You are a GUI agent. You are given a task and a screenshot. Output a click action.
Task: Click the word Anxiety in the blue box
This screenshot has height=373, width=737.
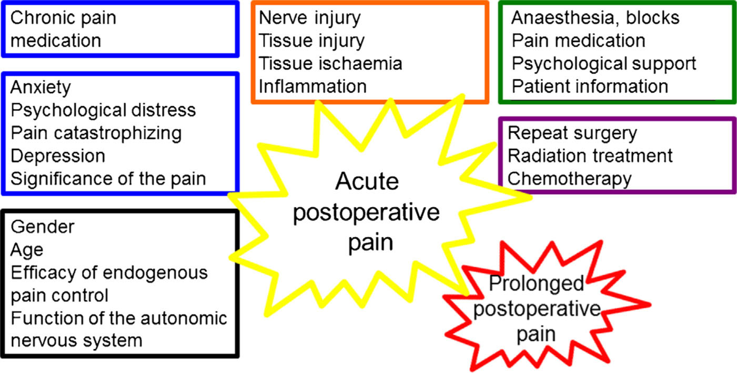click(x=41, y=87)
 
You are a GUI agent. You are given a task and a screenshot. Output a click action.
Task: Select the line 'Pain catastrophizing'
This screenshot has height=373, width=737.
click(x=96, y=133)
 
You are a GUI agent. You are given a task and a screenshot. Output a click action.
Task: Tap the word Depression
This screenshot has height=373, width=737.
click(x=57, y=156)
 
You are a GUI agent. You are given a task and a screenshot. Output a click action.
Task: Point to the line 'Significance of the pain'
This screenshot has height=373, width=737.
click(x=108, y=179)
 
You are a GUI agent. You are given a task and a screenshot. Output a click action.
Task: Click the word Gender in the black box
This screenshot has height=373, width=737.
click(x=43, y=227)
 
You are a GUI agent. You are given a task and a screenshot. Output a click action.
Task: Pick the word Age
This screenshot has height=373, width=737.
click(x=27, y=250)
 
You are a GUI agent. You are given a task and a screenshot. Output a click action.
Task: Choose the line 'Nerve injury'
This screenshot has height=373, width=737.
click(x=310, y=18)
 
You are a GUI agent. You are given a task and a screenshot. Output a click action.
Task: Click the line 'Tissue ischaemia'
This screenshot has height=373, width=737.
click(x=330, y=63)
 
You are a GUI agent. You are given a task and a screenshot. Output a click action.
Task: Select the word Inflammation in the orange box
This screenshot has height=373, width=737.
click(x=312, y=86)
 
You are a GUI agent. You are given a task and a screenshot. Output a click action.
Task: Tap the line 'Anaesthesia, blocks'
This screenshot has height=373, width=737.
click(x=595, y=18)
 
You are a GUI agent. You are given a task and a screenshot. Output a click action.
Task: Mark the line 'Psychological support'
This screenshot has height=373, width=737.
click(x=604, y=63)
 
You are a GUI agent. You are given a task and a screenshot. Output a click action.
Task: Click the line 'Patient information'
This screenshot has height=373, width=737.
click(x=590, y=86)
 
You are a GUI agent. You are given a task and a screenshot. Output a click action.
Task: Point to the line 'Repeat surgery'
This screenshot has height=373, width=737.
click(x=572, y=133)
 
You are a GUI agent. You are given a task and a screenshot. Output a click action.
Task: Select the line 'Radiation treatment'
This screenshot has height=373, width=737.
click(x=590, y=156)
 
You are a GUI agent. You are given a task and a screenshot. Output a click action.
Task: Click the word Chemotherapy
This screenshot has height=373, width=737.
click(x=569, y=179)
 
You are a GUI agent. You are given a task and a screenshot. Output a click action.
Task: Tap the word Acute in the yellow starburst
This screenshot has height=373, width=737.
click(x=367, y=182)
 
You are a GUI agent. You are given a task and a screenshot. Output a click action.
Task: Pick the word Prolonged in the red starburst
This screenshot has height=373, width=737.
click(x=536, y=283)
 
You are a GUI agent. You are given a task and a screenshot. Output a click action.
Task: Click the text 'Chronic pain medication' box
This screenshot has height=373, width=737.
click(x=120, y=29)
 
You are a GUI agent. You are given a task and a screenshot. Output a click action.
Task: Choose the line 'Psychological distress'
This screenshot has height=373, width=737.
click(x=103, y=110)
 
